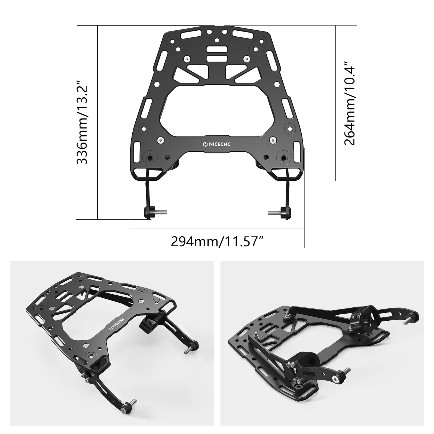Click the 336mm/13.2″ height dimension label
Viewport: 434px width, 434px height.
pyautogui.click(x=82, y=122)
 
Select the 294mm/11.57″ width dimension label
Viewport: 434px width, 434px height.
pyautogui.click(x=217, y=241)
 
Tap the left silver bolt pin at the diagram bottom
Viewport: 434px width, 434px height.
pyautogui.click(x=162, y=212)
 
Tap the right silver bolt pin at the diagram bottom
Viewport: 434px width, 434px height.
pyautogui.click(x=273, y=212)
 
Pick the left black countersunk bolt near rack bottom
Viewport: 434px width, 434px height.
pyautogui.click(x=150, y=158)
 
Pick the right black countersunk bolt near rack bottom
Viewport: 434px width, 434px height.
pyautogui.click(x=284, y=158)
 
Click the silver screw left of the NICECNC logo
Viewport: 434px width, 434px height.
pyautogui.click(x=161, y=140)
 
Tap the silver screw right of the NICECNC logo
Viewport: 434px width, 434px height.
pyautogui.click(x=273, y=140)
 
